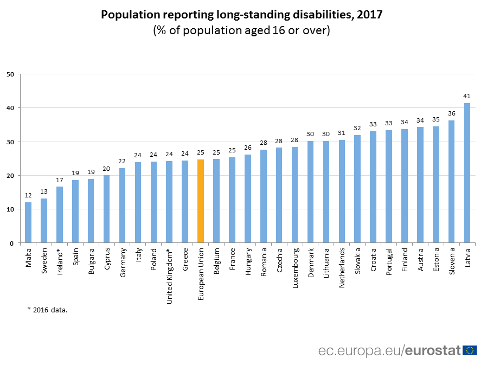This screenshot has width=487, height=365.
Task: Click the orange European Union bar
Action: pos(201,201)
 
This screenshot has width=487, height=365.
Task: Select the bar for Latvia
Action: pos(467,173)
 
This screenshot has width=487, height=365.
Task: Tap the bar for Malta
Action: pos(28,222)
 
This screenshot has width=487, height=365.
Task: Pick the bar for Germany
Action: pos(122,206)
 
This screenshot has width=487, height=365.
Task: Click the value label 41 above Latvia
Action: pos(467,96)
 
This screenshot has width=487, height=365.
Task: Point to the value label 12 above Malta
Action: pos(28,195)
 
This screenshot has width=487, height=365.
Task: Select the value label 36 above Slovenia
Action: pos(451,113)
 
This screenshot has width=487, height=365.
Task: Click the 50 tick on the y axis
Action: pos(10,74)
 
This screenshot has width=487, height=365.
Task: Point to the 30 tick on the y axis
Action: pos(10,142)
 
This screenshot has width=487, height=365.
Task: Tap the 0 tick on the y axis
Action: pos(12,244)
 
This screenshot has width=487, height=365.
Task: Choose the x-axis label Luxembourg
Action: pos(295,268)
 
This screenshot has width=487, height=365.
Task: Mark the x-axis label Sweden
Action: pos(44,261)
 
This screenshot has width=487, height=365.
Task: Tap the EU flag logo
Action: pos(470,350)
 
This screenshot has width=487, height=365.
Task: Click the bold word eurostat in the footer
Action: pos(433,350)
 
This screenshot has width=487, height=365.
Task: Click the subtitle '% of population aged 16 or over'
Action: pos(242,30)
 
